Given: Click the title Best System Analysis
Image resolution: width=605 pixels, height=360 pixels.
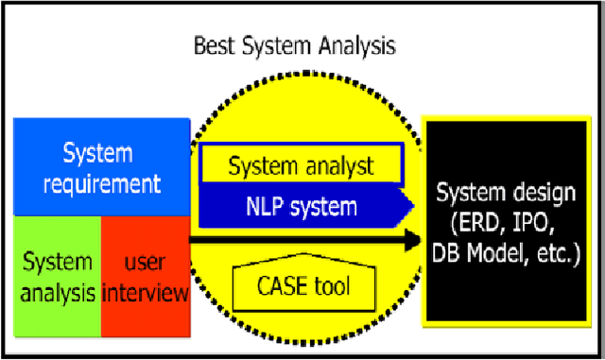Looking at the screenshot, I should point(293,45).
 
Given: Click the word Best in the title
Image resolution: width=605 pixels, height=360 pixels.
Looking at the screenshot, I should point(215,45).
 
